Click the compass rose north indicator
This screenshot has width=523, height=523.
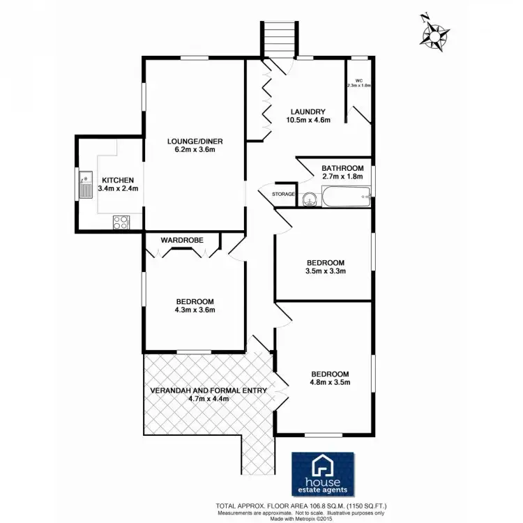tap(436, 32)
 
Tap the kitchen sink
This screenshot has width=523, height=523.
tap(85, 185)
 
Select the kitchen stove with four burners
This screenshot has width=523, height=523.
tap(121, 222)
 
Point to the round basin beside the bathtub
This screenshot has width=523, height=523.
tap(310, 199)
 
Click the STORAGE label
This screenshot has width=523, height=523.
tap(283, 194)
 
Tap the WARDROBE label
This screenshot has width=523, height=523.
tap(182, 240)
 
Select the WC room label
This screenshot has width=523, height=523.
tap(358, 80)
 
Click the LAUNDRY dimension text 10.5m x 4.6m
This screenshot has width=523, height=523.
tap(308, 120)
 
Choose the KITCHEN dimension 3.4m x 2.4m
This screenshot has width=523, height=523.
tap(114, 188)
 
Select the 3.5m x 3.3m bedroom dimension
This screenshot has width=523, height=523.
tap(326, 271)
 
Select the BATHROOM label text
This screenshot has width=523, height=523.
tap(342, 168)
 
